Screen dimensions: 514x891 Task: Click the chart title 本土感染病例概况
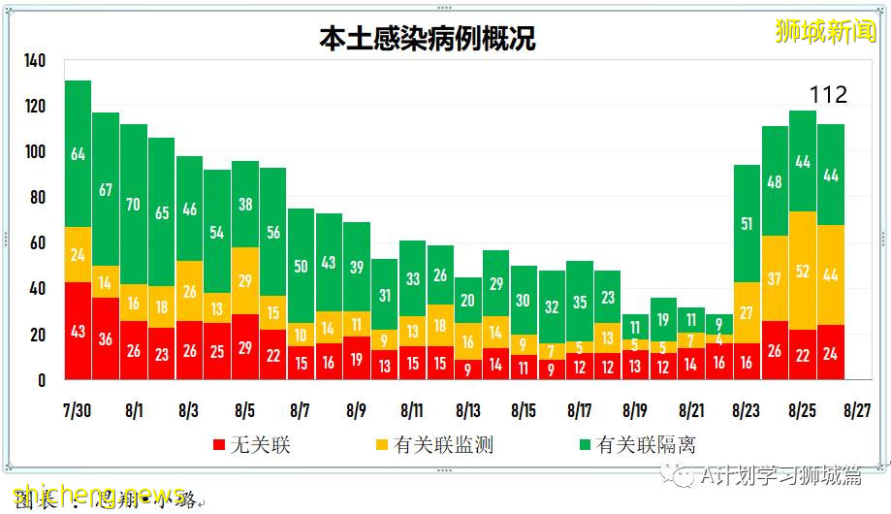coord(428,38)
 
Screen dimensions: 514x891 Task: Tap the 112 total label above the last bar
coord(828,94)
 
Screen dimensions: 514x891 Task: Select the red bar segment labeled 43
coord(79,331)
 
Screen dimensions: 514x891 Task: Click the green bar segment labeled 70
coord(134,205)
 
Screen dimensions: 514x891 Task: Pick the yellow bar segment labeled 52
coord(802,271)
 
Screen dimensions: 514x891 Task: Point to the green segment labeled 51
coord(746,224)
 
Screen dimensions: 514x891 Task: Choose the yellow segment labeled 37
coord(774,278)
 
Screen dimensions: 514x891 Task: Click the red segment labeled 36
coord(106,338)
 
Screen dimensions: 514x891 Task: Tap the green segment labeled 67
coord(106,189)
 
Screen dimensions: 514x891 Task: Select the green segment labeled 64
coord(79,154)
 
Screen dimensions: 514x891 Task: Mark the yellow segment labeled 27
coord(746,312)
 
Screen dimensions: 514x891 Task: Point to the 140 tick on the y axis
coord(35,61)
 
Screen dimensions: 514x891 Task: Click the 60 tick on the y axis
coord(35,243)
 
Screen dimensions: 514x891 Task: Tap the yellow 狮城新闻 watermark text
coord(825,31)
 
